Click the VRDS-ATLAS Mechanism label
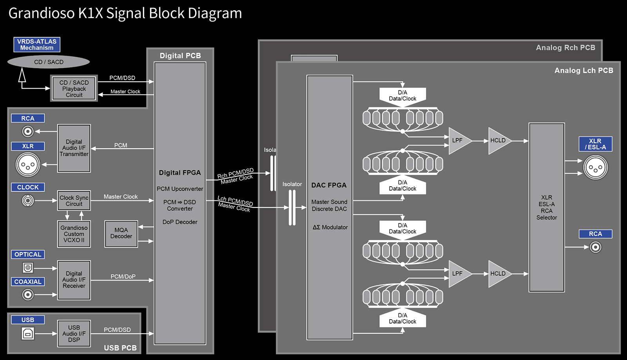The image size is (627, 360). pyautogui.click(x=37, y=45)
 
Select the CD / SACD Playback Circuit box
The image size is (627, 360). pyautogui.click(x=74, y=89)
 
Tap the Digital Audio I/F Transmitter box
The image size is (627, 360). pyautogui.click(x=74, y=148)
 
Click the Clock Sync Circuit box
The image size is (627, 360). pyautogui.click(x=74, y=201)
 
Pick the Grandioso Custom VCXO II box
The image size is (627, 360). pyautogui.click(x=74, y=234)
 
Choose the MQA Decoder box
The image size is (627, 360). pyautogui.click(x=121, y=234)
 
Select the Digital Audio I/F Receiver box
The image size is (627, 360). pyautogui.click(x=74, y=280)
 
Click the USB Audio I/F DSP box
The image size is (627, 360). pyautogui.click(x=74, y=334)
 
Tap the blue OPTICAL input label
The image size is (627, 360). pyautogui.click(x=28, y=255)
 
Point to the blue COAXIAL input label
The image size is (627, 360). pyautogui.click(x=28, y=282)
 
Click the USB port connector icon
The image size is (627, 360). pyautogui.click(x=28, y=334)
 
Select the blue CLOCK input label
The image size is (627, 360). pyautogui.click(x=28, y=187)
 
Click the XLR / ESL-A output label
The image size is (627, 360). pyautogui.click(x=595, y=144)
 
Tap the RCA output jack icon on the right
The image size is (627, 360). pyautogui.click(x=596, y=247)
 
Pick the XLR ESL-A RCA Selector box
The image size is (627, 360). pyautogui.click(x=547, y=207)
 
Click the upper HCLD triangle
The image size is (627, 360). pyautogui.click(x=498, y=140)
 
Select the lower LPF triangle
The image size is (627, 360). pyautogui.click(x=458, y=274)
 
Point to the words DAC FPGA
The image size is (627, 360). pyautogui.click(x=329, y=185)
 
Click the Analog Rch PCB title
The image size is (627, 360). pyautogui.click(x=565, y=48)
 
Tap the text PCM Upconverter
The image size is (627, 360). pyautogui.click(x=180, y=189)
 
